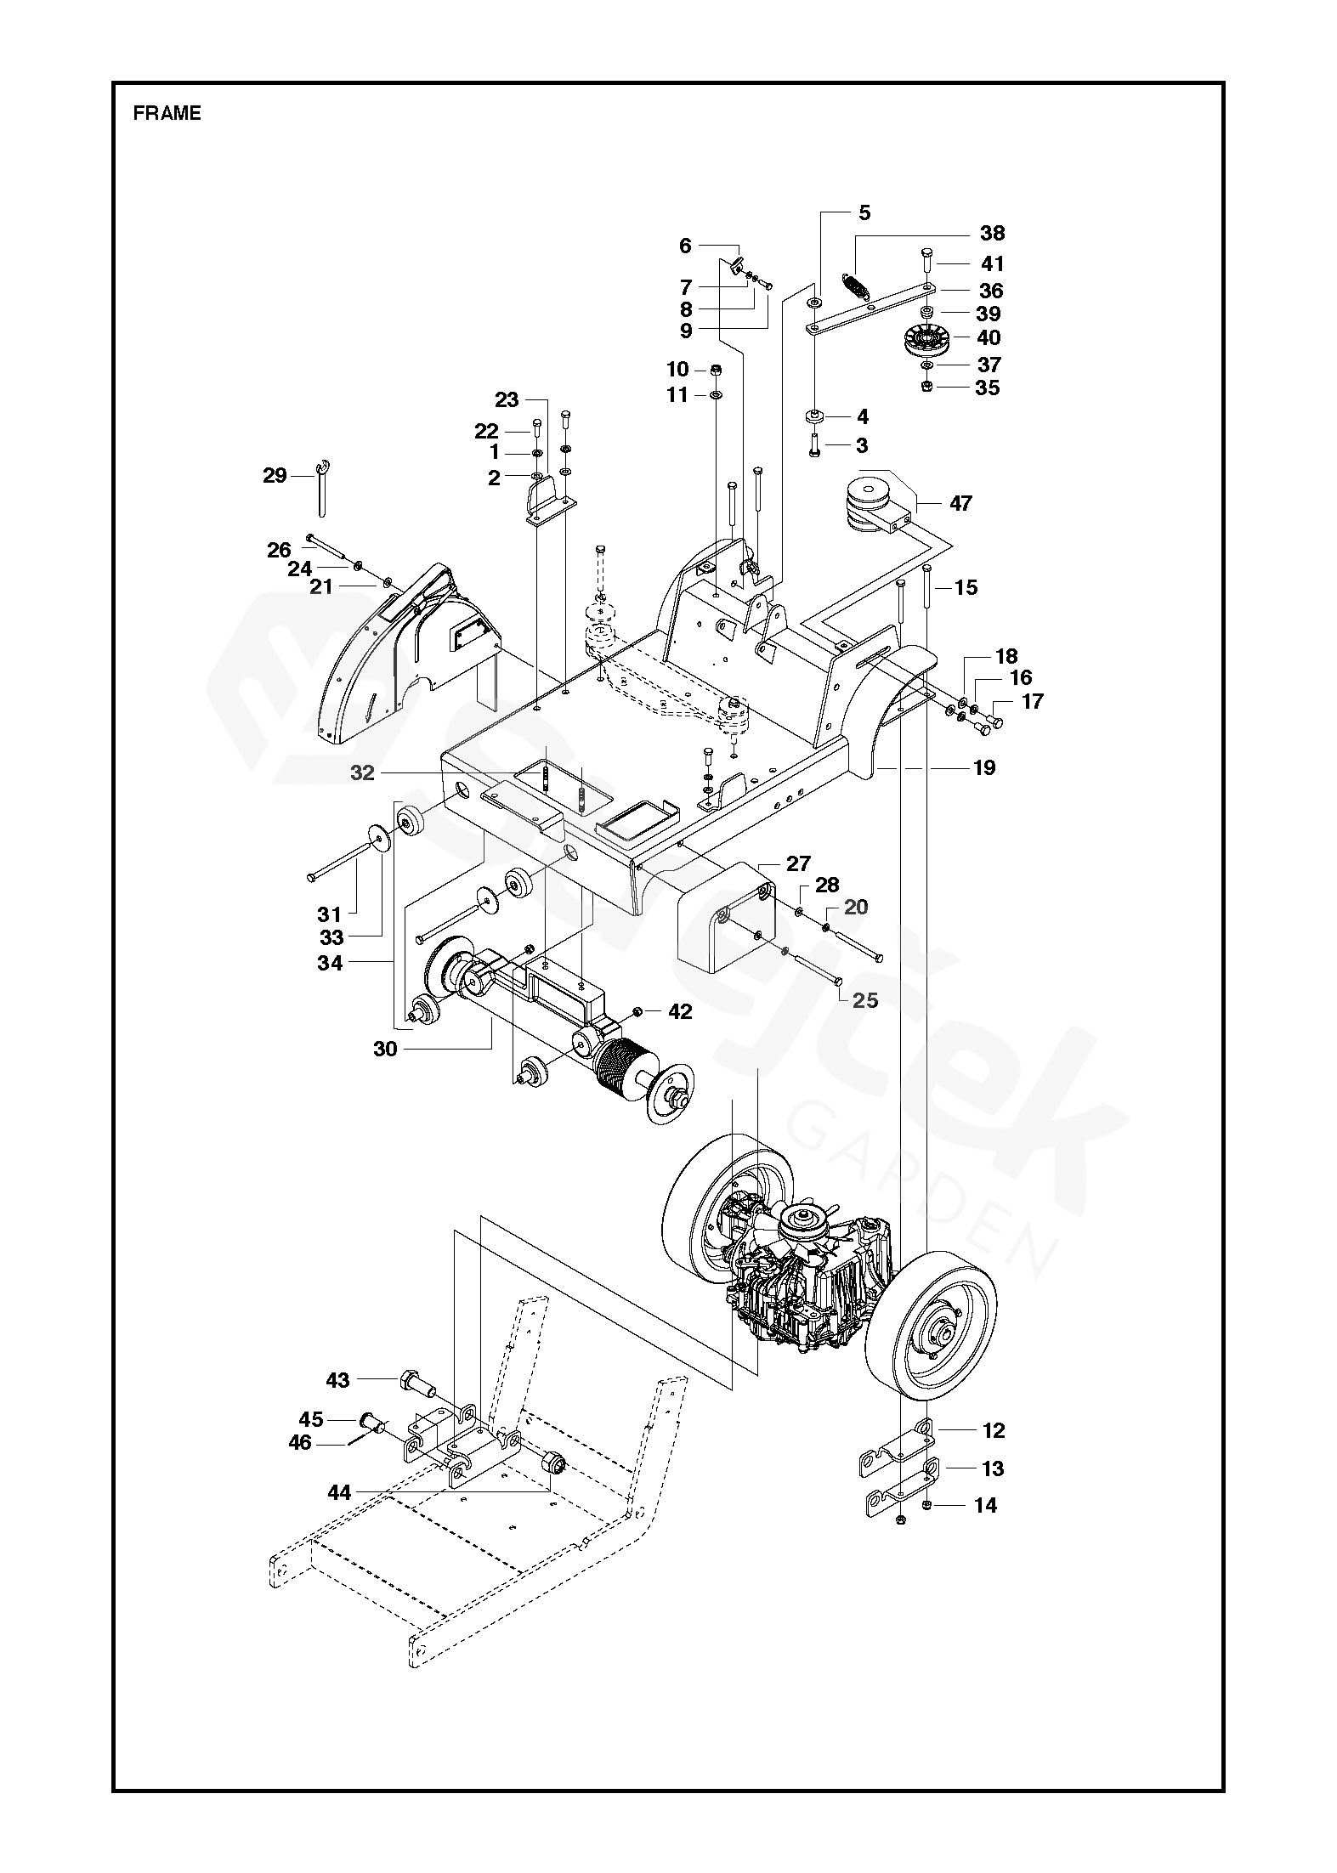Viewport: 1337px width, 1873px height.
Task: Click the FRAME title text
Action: (x=167, y=114)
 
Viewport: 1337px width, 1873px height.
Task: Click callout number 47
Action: (x=960, y=504)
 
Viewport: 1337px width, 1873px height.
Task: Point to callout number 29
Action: (x=275, y=476)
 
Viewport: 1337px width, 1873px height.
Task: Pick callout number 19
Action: (x=983, y=768)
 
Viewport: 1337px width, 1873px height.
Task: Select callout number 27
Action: (x=798, y=864)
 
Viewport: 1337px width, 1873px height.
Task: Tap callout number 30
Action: (x=385, y=1050)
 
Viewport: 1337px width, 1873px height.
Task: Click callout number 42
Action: (x=680, y=1011)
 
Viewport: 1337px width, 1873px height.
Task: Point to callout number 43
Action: (x=337, y=1381)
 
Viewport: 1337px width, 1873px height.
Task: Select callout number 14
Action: (x=985, y=1506)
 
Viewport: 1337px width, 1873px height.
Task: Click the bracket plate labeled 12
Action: (x=897, y=1450)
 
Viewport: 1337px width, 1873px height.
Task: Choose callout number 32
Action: (x=362, y=773)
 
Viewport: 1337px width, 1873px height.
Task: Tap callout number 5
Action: (x=864, y=212)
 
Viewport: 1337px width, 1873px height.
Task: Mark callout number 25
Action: (x=865, y=1000)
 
